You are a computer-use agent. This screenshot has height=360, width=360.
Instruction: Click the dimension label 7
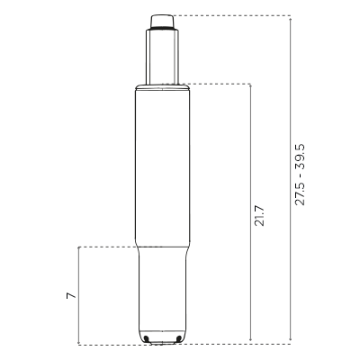point(71,295)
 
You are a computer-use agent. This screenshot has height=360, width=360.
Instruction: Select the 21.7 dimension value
point(259,216)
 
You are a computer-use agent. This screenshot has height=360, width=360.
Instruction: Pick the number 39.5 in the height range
point(300,157)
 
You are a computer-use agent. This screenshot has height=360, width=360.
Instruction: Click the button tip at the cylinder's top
point(162,21)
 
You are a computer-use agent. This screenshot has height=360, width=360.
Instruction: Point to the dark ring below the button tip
point(162,29)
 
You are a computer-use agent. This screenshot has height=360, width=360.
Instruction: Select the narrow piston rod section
point(163,57)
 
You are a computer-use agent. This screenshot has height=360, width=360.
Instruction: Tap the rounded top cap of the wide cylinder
point(162,87)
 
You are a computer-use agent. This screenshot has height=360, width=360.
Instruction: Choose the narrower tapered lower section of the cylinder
point(162,294)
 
